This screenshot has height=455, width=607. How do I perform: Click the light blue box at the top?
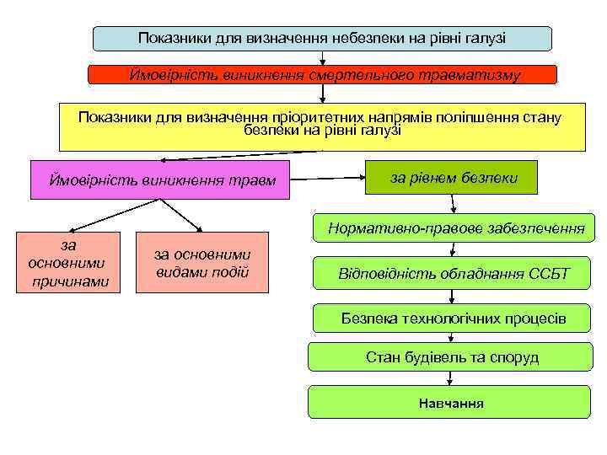(x=321, y=38)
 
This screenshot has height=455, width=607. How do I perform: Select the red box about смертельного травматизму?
(x=323, y=75)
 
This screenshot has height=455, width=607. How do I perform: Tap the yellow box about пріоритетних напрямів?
(x=321, y=126)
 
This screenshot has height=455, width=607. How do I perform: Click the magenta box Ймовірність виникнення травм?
(x=159, y=179)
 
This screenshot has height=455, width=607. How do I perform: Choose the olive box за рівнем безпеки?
(x=451, y=177)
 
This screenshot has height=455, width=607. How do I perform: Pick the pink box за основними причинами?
(x=70, y=262)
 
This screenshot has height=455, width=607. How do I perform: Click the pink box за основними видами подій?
(x=201, y=262)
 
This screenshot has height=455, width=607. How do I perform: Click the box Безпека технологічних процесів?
(x=453, y=318)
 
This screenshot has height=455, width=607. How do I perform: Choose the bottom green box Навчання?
(x=451, y=403)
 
